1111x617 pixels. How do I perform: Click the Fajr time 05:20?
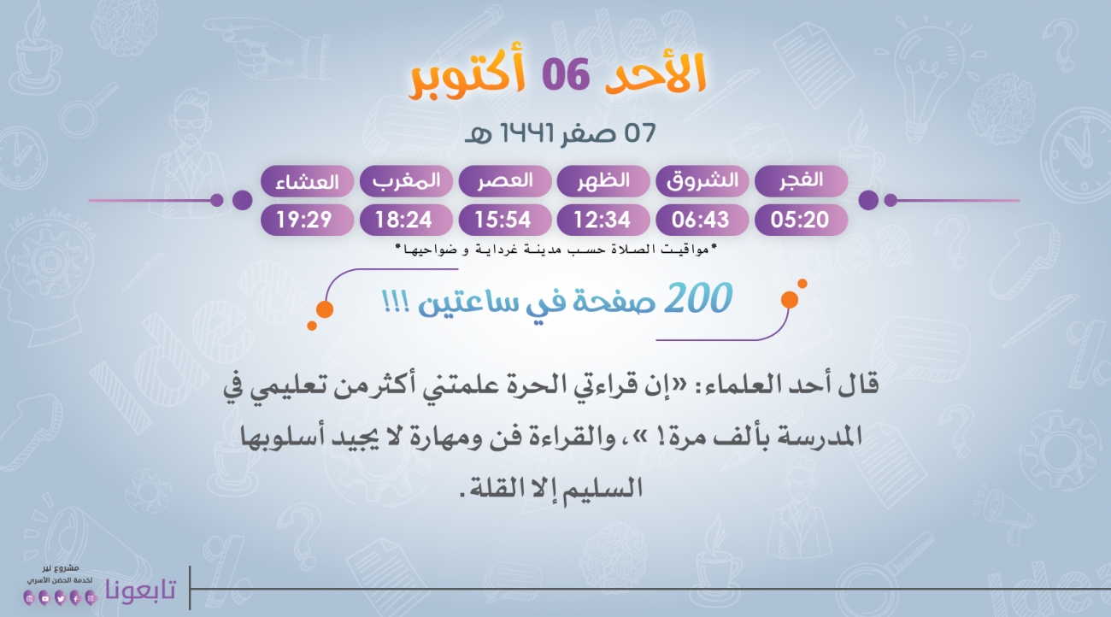pyautogui.click(x=800, y=220)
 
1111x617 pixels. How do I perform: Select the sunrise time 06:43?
pyautogui.click(x=700, y=220)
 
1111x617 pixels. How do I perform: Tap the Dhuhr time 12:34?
pyautogui.click(x=603, y=220)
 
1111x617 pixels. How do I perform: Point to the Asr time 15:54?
pyautogui.click(x=503, y=220)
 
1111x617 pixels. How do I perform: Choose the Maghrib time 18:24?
pyautogui.click(x=403, y=220)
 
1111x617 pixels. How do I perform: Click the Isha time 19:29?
pyautogui.click(x=304, y=220)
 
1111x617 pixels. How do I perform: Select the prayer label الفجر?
pyautogui.click(x=801, y=180)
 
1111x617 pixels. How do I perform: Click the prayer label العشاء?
pyautogui.click(x=307, y=182)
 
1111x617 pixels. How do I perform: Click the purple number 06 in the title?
pyautogui.click(x=566, y=74)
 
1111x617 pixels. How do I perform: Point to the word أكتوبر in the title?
pyautogui.click(x=467, y=77)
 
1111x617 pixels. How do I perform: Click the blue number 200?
pyautogui.click(x=698, y=298)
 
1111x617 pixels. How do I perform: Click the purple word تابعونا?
pyautogui.click(x=141, y=590)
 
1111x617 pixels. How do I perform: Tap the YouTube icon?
pyautogui.click(x=45, y=599)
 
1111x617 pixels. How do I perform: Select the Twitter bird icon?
pyautogui.click(x=60, y=599)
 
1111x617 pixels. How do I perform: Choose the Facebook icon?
pyautogui.click(x=75, y=599)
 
